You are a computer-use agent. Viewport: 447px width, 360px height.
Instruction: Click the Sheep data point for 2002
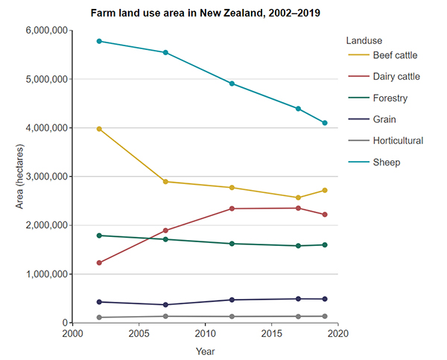99,41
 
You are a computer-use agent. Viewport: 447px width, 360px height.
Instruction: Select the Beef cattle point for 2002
99,129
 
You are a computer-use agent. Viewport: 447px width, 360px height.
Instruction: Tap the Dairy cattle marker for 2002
99,262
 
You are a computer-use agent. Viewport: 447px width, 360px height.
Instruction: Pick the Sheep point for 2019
325,123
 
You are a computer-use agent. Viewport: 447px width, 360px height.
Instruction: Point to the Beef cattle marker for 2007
165,182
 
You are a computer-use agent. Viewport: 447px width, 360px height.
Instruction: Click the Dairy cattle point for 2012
232,209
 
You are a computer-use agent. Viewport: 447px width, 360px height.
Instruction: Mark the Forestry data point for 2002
99,236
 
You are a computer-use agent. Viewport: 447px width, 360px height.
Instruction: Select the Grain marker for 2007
165,305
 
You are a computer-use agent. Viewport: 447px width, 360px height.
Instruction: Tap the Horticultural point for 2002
99,318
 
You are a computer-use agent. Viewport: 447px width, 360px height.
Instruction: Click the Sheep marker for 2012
232,83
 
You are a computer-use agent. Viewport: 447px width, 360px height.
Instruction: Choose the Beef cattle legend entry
394,55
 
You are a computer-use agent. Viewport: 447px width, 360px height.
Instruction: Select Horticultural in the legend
397,140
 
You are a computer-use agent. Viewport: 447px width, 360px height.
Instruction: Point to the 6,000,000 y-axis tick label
44,31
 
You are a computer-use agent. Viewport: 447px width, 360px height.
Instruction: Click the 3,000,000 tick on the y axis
44,177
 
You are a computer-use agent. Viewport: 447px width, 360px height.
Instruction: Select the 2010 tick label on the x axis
206,334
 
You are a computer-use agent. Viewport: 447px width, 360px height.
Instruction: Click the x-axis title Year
206,350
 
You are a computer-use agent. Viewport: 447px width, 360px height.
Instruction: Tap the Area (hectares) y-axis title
20,177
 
